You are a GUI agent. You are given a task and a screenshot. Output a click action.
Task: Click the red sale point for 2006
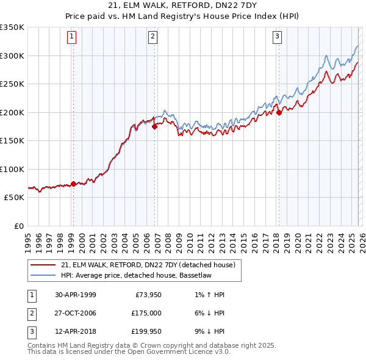(x=155, y=127)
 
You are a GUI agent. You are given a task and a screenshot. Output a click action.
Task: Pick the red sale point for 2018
(x=279, y=112)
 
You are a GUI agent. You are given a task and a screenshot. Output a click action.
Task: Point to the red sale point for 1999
(x=74, y=184)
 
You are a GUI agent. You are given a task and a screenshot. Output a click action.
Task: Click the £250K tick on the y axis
(x=12, y=84)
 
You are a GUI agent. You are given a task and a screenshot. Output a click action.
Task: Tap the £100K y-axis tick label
(x=12, y=169)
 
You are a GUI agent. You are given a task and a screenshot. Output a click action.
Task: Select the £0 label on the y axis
(x=18, y=226)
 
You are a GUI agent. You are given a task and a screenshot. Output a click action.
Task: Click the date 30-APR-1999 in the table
(x=75, y=295)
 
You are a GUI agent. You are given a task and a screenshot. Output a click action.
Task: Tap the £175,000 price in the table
(x=146, y=312)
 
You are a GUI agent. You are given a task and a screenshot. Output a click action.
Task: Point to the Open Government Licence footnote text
(x=129, y=351)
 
